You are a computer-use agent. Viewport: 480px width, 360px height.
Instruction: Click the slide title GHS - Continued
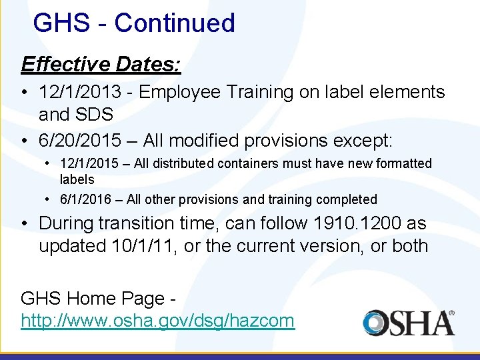pyautogui.click(x=133, y=23)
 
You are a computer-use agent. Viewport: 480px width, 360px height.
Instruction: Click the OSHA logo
pyautogui.click(x=409, y=323)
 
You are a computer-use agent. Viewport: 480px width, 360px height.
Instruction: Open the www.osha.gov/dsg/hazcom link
pyautogui.click(x=157, y=321)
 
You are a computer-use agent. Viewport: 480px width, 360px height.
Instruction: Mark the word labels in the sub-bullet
pyautogui.click(x=77, y=179)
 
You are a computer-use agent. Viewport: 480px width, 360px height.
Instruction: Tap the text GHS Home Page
pyautogui.click(x=91, y=298)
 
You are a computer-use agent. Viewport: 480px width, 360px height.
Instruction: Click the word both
pyautogui.click(x=408, y=246)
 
